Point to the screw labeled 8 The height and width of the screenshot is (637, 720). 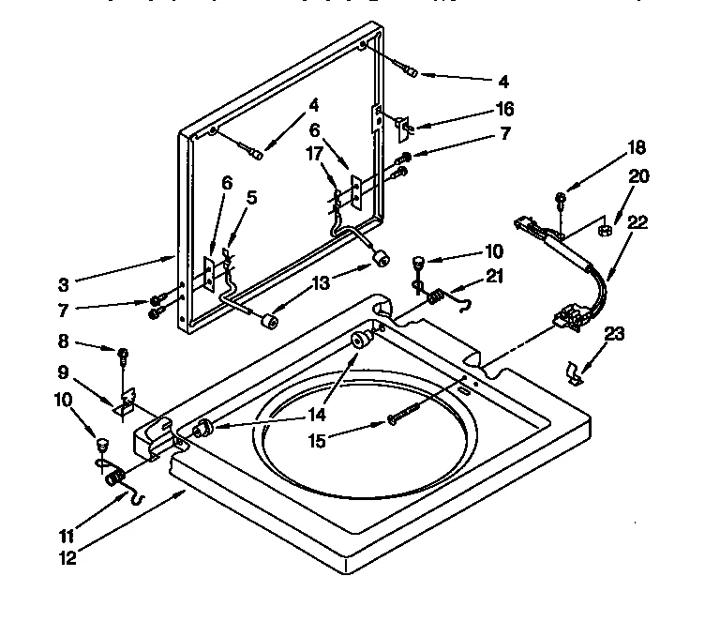click(123, 355)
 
